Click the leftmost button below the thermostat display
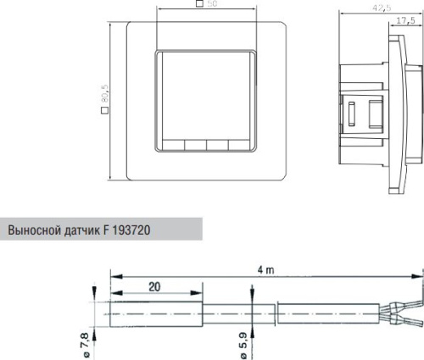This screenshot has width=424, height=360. tap(173, 144)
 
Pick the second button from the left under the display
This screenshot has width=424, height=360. tap(196, 144)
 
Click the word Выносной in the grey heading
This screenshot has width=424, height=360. tap(35, 230)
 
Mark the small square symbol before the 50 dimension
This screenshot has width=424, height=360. tap(199, 4)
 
